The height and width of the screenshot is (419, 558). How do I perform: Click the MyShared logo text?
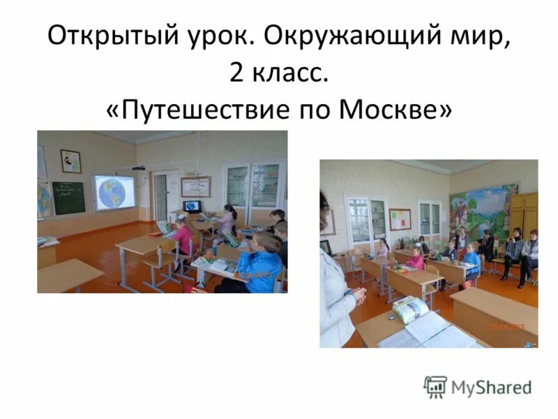[491, 386]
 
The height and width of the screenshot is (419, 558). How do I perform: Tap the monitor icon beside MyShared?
[435, 386]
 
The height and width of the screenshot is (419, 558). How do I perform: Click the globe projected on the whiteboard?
[116, 192]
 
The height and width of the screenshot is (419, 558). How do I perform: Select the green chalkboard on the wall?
[68, 198]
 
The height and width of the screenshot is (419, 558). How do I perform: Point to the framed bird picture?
[70, 161]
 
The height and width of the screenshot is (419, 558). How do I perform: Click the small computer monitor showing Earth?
[192, 206]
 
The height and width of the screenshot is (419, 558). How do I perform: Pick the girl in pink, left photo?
[183, 237]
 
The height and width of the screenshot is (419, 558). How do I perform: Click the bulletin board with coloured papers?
[400, 219]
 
